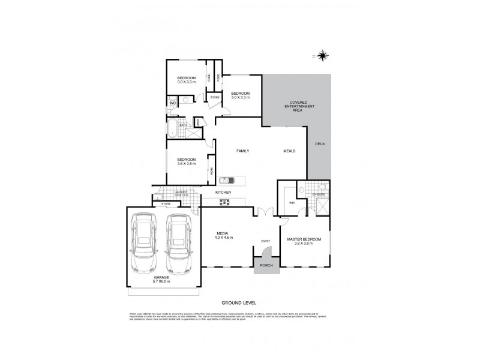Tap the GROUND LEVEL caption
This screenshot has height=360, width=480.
coord(239,303)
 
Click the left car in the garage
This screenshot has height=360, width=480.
coord(145,245)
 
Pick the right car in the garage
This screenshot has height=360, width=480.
coord(178,245)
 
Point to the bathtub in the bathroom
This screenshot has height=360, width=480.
coord(173,127)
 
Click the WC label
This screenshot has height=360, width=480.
coord(172,103)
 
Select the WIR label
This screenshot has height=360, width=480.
coord(292,203)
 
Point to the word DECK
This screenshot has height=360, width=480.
coord(320,160)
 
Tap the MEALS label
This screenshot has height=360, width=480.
coord(290,151)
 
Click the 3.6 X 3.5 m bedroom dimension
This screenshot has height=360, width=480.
coord(187,164)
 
